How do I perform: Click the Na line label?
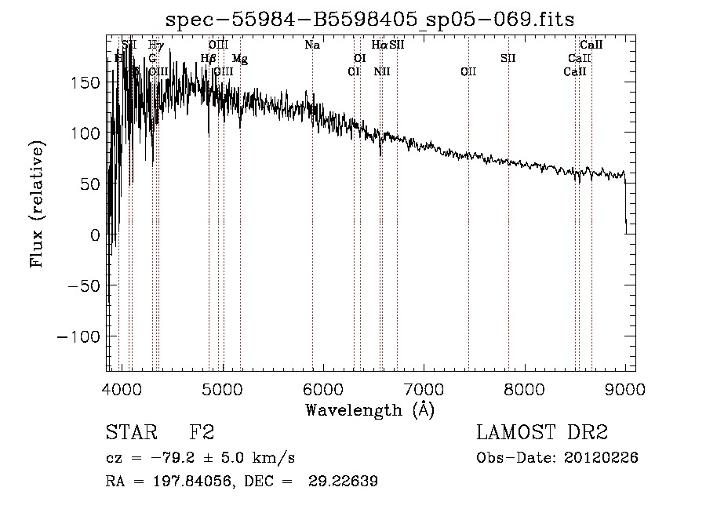tap(312, 45)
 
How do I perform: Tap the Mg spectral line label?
tap(240, 59)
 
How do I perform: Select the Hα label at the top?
tap(379, 45)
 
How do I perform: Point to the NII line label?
tap(382, 71)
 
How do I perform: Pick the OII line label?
tap(468, 71)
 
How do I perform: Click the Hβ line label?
tap(208, 58)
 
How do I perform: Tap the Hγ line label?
tap(156, 45)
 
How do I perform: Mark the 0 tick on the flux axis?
tap(95, 235)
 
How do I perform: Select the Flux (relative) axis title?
tap(38, 204)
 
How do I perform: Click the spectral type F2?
tap(202, 432)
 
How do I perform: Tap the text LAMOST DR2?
tap(542, 432)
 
